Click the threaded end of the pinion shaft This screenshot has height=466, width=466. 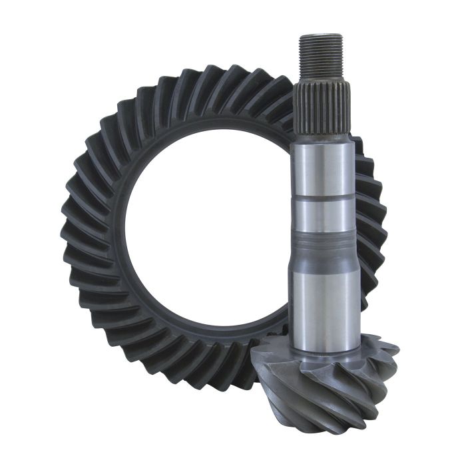[x=320, y=57]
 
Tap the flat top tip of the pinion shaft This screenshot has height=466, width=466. [x=320, y=36]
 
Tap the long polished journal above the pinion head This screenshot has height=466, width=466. [x=327, y=300]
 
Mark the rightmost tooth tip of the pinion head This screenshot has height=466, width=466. [x=397, y=356]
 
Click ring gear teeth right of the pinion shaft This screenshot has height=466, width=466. [x=373, y=213]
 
